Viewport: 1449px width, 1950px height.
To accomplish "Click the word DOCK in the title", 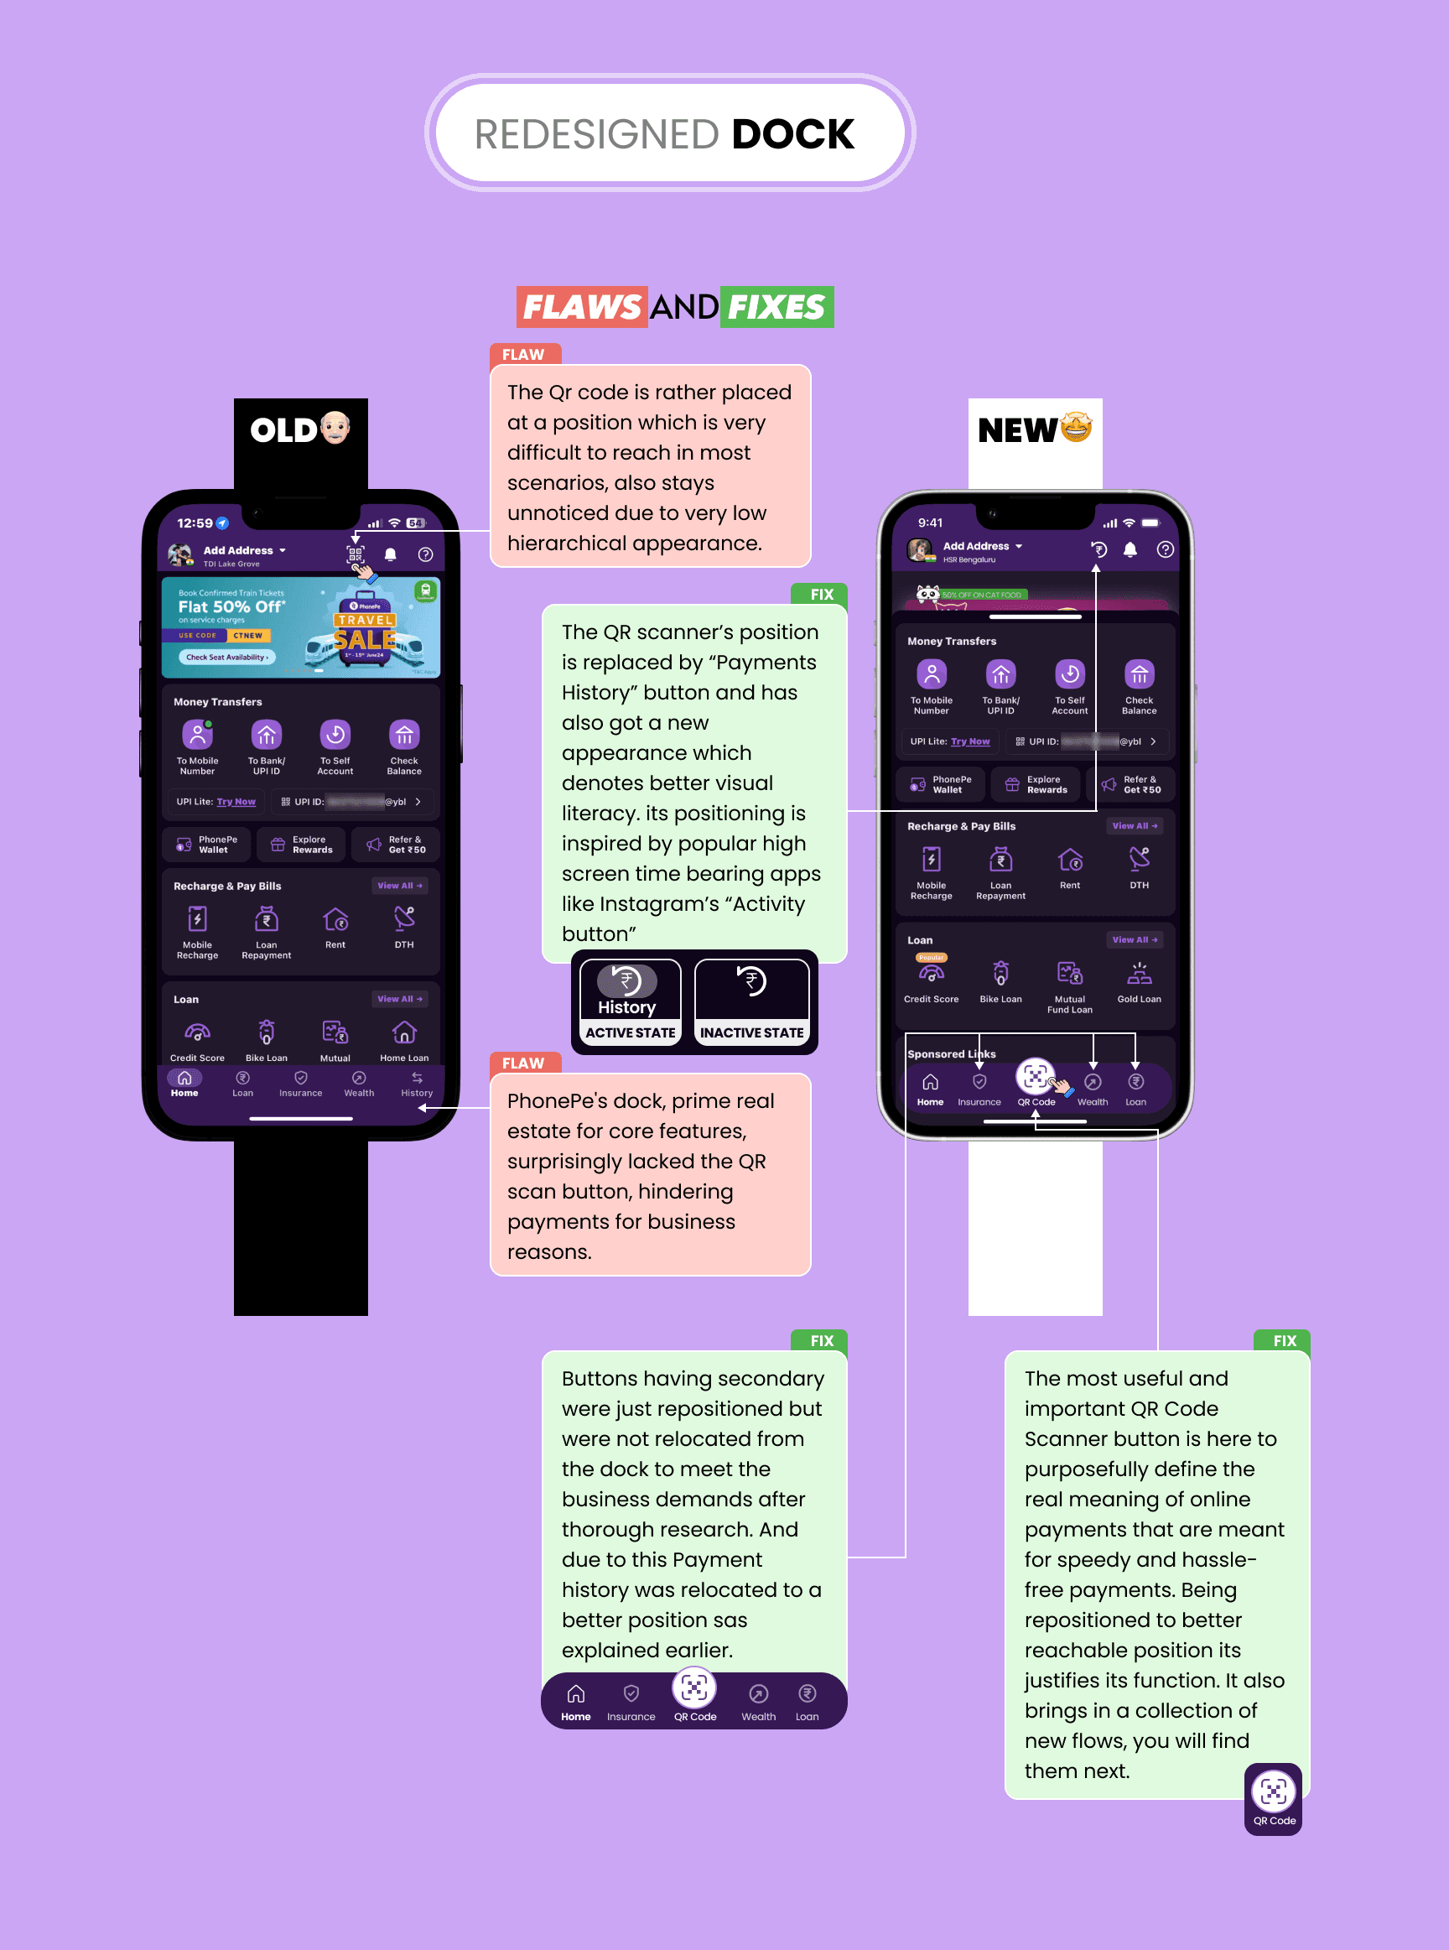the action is click(792, 134).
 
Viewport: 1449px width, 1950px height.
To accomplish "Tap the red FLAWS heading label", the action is click(582, 307).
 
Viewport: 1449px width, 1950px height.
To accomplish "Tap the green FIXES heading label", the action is click(776, 307).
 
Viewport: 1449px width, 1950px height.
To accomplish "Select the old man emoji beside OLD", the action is click(335, 428).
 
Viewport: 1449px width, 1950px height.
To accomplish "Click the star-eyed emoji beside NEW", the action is click(1076, 428).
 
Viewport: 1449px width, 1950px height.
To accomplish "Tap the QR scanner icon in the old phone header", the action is click(356, 554).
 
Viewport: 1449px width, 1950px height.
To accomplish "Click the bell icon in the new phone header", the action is click(1130, 549).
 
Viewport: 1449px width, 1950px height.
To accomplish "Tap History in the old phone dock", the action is click(417, 1084).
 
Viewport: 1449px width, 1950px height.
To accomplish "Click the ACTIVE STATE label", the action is click(630, 1032).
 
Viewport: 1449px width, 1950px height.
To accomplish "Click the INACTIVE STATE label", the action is click(751, 1032).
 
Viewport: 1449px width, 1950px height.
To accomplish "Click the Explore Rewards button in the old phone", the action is click(302, 844).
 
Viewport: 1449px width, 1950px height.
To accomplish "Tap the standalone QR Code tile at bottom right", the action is click(1274, 1797).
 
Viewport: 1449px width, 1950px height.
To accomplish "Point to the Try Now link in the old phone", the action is click(236, 802).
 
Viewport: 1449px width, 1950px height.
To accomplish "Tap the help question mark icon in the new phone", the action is click(1165, 549).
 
